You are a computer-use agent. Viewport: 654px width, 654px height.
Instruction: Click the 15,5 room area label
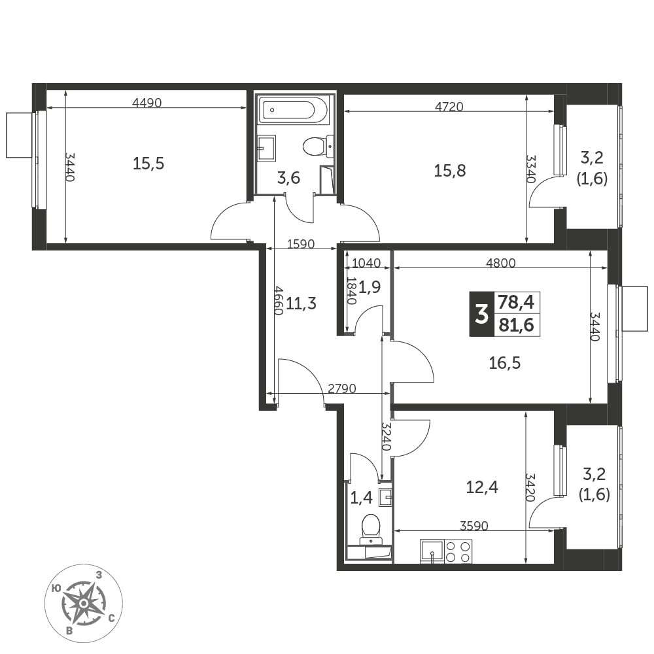point(148,163)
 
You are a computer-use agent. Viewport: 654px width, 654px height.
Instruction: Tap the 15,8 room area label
point(450,171)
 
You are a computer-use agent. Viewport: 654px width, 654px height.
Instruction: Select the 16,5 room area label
point(505,363)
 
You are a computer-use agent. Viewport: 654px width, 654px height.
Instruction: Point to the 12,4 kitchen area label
point(482,487)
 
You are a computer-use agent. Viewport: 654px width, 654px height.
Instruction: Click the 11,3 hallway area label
point(301,303)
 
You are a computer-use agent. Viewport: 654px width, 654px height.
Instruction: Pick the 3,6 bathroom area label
point(288,178)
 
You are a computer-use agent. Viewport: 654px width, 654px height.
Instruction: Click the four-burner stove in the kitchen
point(458,551)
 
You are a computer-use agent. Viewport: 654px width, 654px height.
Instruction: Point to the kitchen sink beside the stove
point(432,551)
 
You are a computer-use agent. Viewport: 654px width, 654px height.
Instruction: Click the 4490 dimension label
point(146,102)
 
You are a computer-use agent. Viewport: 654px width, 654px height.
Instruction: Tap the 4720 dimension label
point(449,107)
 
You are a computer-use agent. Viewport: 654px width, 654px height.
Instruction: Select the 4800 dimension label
point(501,263)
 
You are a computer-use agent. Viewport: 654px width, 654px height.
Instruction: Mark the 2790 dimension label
point(341,388)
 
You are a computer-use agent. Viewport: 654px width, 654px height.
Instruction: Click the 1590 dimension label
point(301,243)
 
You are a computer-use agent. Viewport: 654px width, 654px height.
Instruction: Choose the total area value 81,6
point(517,325)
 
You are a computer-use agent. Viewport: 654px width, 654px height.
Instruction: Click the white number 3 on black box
point(482,314)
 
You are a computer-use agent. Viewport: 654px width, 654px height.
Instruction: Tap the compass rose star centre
point(84,603)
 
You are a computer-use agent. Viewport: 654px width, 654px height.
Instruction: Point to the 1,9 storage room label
point(370,287)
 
